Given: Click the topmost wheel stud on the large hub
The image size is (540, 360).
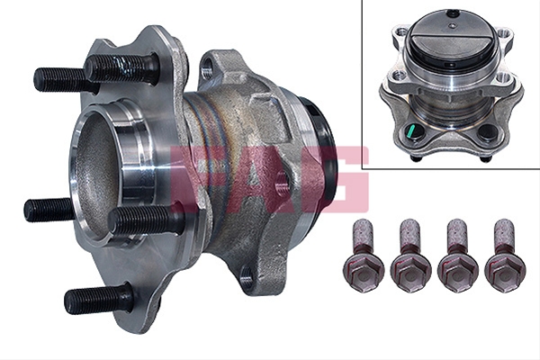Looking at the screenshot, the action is (122, 69).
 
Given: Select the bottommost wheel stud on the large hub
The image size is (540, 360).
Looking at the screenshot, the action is (99, 298).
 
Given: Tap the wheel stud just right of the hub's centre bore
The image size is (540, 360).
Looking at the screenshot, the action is (145, 219).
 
